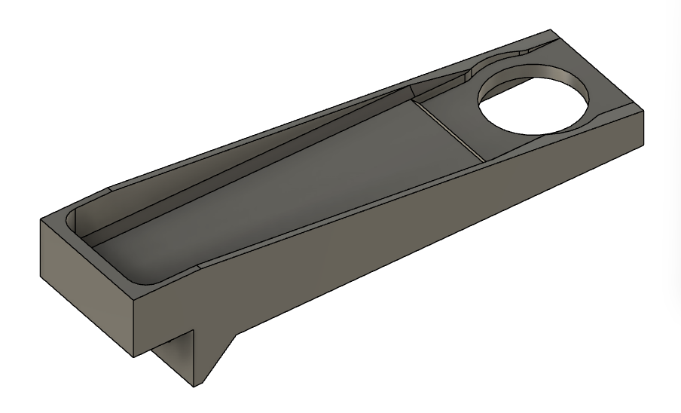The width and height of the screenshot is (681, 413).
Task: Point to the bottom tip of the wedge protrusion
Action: (x=197, y=387)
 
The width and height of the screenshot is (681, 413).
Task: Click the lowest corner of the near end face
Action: (x=134, y=356)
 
